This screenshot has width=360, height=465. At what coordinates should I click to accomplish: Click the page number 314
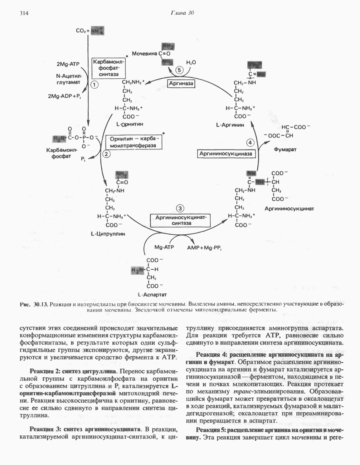[23, 13]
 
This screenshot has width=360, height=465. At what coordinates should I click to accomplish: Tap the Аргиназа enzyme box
[181, 84]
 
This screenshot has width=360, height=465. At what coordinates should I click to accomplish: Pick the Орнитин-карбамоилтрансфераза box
[134, 142]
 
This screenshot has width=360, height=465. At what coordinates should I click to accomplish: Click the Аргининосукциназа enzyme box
[226, 154]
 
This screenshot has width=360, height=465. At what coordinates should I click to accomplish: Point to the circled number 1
[94, 84]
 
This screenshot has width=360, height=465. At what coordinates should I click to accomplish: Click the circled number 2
[106, 154]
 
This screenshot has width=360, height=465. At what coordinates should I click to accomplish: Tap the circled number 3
[180, 208]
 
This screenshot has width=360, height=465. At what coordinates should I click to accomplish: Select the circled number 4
[250, 143]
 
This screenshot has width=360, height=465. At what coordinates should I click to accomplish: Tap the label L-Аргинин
[230, 125]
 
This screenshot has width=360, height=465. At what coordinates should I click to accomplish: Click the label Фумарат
[285, 149]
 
